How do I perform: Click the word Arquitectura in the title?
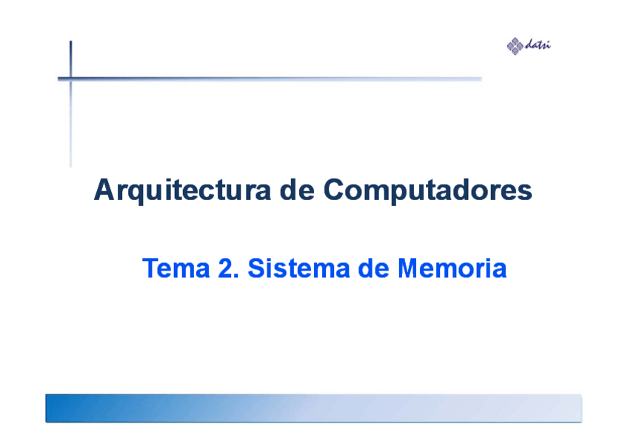tap(182, 190)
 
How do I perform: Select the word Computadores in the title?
tap(428, 190)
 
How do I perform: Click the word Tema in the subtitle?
tap(176, 268)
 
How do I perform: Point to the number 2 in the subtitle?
tap(225, 268)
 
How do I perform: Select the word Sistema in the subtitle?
tap(298, 268)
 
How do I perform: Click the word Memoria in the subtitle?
tap(452, 268)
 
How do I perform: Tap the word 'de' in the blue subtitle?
tap(374, 268)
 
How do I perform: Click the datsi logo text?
tap(538, 44)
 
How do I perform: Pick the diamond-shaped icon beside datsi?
tap(515, 46)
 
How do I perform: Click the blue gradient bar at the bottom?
tap(313, 408)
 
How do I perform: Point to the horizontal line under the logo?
tap(270, 79)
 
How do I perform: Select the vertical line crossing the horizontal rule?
tap(71, 104)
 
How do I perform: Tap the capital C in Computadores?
tap(335, 189)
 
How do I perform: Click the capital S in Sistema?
tap(257, 268)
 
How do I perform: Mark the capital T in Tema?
tap(150, 268)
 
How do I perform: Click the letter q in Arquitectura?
tap(136, 193)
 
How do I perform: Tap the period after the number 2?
tap(236, 276)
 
